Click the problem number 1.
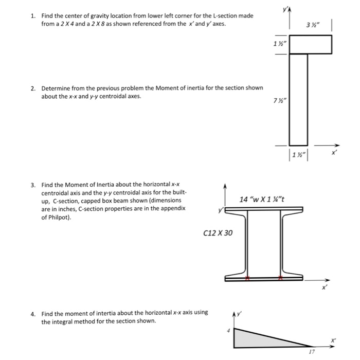[32, 16]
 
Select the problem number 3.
[32, 185]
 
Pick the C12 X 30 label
[218, 233]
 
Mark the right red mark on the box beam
[280, 278]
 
